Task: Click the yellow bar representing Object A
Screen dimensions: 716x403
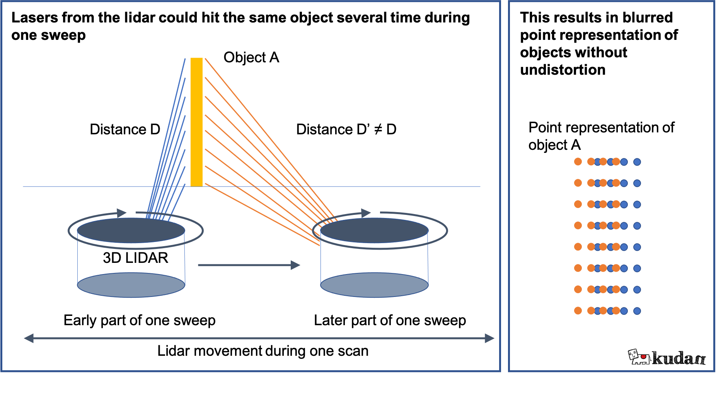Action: pos(196,122)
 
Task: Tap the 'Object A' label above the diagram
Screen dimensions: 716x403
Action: pos(251,57)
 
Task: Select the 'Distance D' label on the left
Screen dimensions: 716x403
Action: pos(125,129)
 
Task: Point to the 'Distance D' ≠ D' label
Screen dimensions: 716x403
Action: pos(346,129)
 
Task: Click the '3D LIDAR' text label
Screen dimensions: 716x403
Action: pos(136,258)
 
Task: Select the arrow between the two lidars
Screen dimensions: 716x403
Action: pos(249,265)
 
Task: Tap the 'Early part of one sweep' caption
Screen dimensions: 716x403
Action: pos(140,321)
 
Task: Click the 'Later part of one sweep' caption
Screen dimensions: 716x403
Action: pos(390,321)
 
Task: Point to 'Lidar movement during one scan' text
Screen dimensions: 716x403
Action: pos(263,351)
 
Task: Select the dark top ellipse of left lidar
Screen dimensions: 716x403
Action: pos(131,230)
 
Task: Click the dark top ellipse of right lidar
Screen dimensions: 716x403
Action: pos(374,230)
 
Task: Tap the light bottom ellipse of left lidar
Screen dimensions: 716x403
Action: pos(131,285)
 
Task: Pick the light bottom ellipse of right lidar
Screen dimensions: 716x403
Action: pos(374,285)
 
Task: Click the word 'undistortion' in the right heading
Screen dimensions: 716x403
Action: pos(563,70)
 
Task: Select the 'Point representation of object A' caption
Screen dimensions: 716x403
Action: pos(601,136)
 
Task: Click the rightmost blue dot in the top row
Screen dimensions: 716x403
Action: pos(637,162)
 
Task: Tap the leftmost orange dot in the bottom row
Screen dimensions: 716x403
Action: pos(578,310)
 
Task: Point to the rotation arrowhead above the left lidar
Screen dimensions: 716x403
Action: pos(122,213)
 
